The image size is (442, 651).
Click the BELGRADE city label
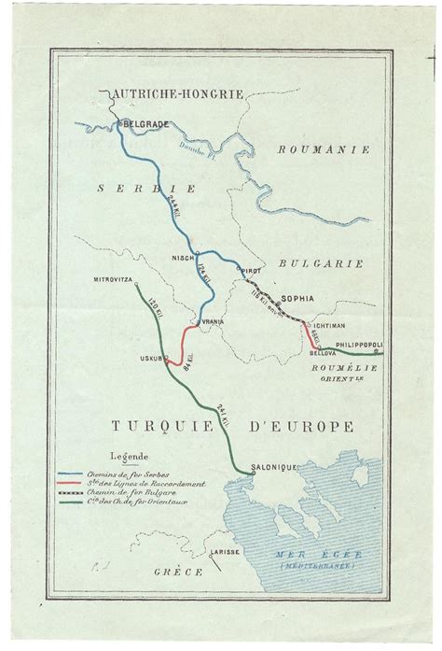point(145,122)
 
